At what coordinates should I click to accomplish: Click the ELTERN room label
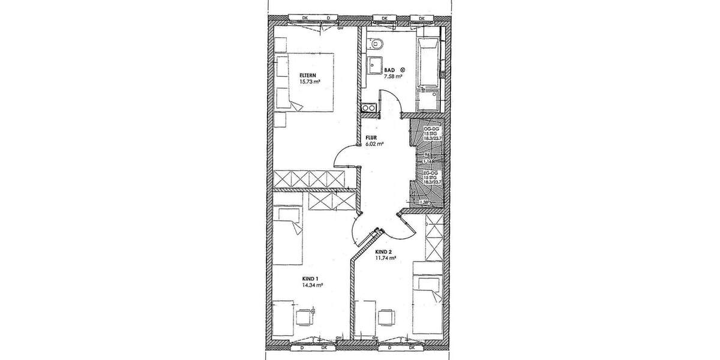pyautogui.click(x=308, y=75)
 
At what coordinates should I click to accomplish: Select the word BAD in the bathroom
pyautogui.click(x=389, y=70)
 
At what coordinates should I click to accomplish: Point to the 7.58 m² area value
pyautogui.click(x=393, y=77)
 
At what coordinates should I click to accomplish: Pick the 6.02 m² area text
pyautogui.click(x=374, y=144)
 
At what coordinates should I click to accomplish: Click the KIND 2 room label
pyautogui.click(x=383, y=251)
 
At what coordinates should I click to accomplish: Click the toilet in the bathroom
pyautogui.click(x=376, y=43)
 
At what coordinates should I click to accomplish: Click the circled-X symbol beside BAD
pyautogui.click(x=404, y=70)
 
